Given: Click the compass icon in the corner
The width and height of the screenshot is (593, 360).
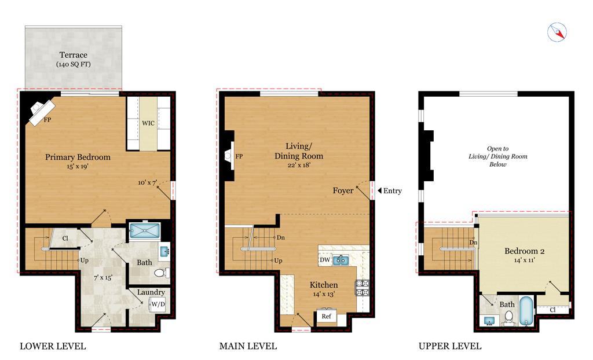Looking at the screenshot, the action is [557, 32].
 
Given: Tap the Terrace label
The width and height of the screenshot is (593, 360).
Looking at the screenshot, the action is [74, 55].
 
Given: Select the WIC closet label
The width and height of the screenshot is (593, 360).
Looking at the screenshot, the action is [148, 123].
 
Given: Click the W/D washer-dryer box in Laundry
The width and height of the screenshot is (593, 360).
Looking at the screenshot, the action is [158, 304].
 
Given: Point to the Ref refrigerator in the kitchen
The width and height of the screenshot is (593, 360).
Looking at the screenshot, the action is [327, 316].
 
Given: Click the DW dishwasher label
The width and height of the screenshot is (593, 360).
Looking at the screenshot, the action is [325, 260].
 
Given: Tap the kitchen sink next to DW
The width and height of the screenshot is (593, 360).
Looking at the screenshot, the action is [341, 260].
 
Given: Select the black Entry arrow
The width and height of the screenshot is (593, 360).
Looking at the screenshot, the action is [379, 190].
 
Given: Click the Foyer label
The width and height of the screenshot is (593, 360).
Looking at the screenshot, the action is [343, 190].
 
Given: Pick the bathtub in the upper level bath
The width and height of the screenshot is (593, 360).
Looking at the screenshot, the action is [526, 311].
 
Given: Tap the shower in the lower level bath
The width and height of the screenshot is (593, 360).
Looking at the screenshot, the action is [144, 230].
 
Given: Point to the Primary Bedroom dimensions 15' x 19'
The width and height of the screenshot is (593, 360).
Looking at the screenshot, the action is [78, 166].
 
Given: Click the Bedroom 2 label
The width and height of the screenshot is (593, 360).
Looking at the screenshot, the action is [525, 251].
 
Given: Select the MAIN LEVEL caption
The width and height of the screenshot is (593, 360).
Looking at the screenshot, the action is [248, 346].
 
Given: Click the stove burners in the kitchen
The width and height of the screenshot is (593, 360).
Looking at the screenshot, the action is [363, 288].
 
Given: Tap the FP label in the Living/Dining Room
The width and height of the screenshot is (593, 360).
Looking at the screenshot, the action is [239, 156].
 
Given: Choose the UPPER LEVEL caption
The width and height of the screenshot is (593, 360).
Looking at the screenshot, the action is [450, 346].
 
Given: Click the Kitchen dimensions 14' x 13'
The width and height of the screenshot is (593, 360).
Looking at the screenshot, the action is [324, 294].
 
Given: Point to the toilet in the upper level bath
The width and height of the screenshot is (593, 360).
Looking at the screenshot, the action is [509, 317].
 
